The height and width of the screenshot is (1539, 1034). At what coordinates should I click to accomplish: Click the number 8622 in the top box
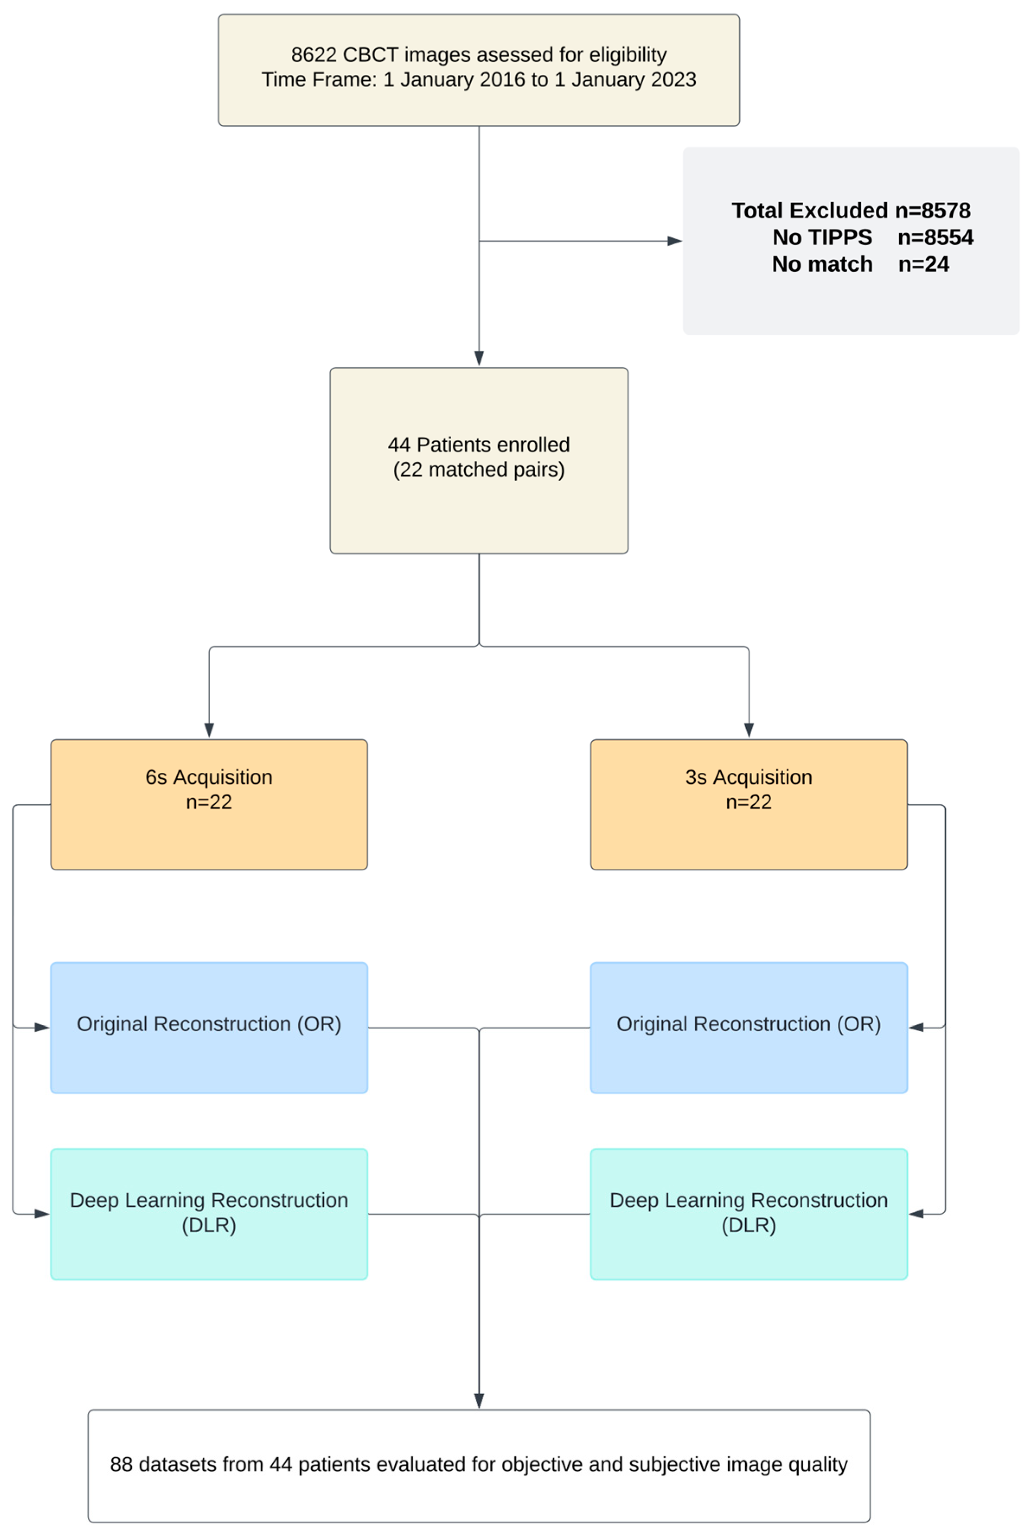314,55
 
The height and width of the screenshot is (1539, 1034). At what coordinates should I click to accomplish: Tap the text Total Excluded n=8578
851,210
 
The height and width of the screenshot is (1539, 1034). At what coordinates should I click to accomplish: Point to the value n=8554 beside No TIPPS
935,237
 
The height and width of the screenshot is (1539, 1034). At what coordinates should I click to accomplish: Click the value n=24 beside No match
923,264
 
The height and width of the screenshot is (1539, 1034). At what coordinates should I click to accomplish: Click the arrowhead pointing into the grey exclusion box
675,241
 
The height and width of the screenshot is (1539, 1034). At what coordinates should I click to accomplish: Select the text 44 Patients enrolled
479,445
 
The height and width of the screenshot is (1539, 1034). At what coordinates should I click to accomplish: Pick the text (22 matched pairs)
479,470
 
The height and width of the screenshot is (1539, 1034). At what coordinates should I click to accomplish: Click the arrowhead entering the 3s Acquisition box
748,730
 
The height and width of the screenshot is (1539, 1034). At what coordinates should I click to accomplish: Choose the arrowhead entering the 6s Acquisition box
209,730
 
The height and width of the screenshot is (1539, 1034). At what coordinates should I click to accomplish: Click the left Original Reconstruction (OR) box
209,1028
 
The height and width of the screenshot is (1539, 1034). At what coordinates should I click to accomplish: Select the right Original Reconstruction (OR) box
748,1028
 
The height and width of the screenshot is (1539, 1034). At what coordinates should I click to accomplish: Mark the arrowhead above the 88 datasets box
479,1401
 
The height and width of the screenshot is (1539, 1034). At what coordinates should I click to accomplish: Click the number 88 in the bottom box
121,1465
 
